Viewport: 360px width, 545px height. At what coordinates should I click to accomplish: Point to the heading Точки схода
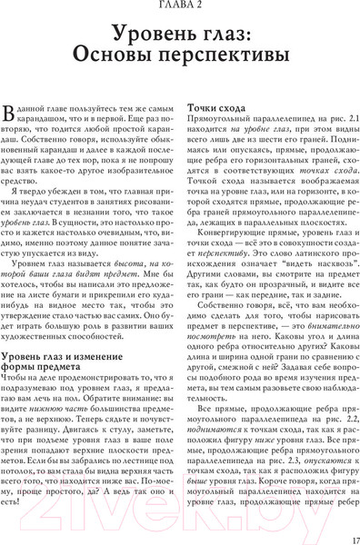pyautogui.click(x=216, y=106)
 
